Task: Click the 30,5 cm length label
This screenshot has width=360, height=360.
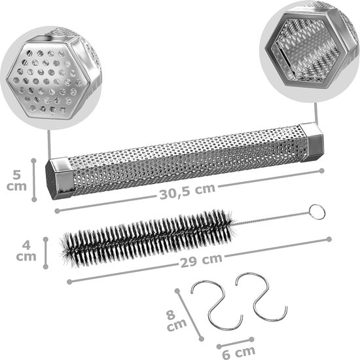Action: [x=187, y=192]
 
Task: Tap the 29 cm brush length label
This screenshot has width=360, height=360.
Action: [x=201, y=261]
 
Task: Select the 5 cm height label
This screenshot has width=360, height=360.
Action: [x=16, y=181]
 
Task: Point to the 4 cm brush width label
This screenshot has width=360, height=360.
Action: [x=26, y=251]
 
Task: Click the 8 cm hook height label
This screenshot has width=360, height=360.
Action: [x=176, y=321]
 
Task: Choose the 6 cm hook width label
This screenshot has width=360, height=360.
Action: [x=239, y=352]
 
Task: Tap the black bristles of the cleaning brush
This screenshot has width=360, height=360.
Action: [x=147, y=239]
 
